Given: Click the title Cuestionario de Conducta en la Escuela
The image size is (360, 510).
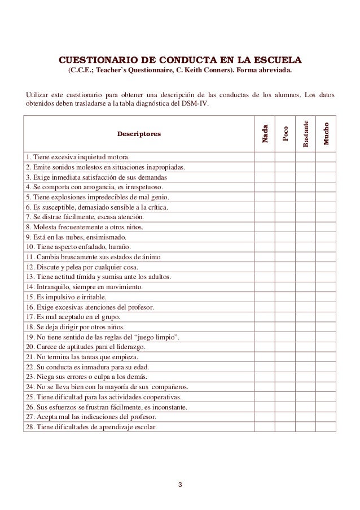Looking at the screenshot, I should (181, 60).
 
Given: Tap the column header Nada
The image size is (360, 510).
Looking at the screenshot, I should (264, 133).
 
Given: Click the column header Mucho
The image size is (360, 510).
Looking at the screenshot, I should (326, 133).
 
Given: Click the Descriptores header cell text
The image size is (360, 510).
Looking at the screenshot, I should (138, 134).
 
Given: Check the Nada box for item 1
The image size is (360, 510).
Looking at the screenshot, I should (264, 156).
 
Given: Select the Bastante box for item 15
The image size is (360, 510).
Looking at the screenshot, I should (305, 297).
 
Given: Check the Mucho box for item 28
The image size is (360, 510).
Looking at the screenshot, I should (326, 428).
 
